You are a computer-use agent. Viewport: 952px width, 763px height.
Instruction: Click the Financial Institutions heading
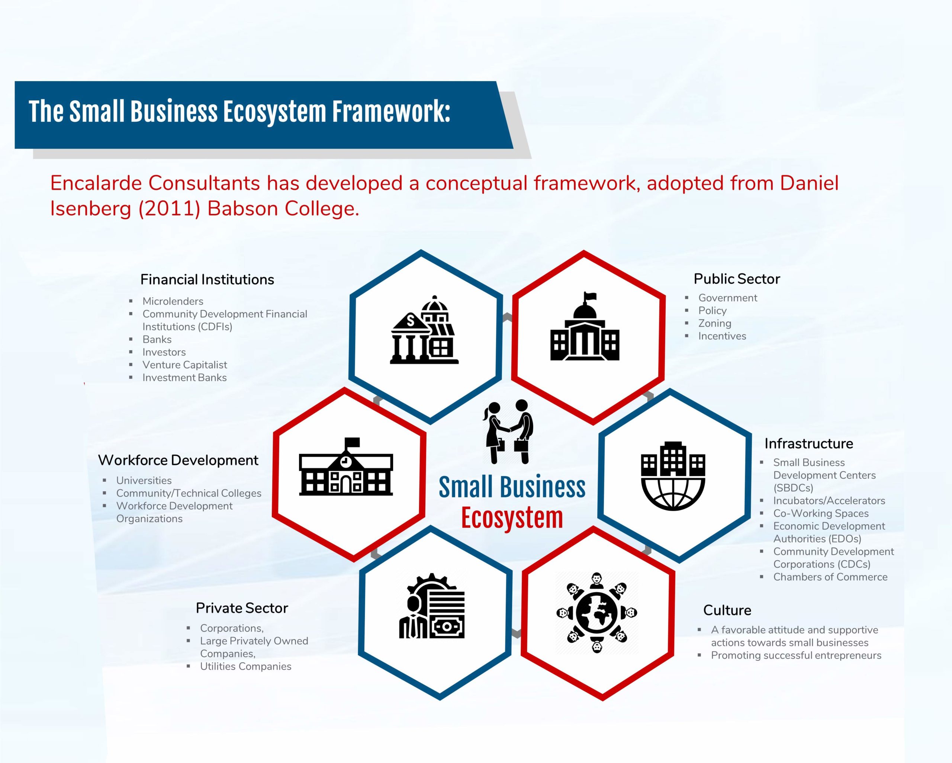207,280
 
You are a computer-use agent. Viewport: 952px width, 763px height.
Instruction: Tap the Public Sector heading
737,279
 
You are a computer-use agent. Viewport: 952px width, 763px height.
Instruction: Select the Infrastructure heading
808,443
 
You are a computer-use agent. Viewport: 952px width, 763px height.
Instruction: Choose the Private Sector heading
242,608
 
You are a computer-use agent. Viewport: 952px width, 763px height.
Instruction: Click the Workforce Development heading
178,460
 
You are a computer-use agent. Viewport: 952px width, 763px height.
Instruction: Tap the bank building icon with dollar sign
424,330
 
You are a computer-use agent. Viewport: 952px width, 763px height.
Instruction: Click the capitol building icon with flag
585,326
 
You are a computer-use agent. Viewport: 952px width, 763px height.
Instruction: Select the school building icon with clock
346,467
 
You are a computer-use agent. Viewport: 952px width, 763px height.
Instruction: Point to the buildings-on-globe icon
673,476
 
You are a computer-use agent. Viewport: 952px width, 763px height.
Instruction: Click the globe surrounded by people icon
596,613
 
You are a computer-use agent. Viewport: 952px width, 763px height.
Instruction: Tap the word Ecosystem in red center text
512,518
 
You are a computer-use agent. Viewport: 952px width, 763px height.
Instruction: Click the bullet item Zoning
714,323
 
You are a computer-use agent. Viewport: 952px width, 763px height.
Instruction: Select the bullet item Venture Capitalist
184,365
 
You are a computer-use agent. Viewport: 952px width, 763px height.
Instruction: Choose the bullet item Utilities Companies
245,666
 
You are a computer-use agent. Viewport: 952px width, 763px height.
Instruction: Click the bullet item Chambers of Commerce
830,577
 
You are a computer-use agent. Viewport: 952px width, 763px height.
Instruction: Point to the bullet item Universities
144,480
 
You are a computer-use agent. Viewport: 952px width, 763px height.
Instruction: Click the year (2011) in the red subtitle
170,209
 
